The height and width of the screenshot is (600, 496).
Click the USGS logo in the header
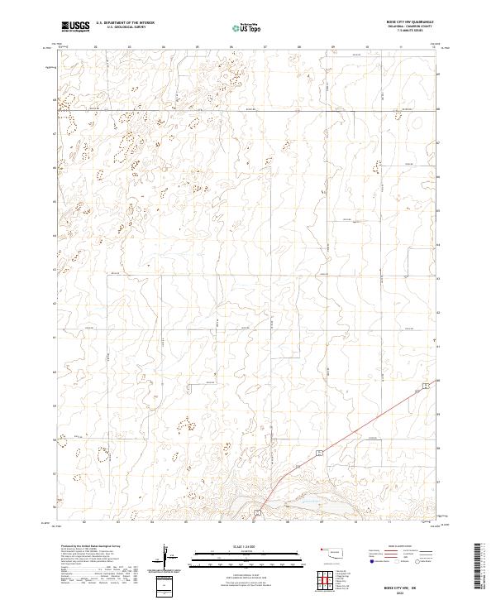pos(76,26)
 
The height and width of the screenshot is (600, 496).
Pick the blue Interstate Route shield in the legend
pos(372,562)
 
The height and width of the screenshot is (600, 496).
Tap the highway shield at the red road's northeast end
pos(425,386)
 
